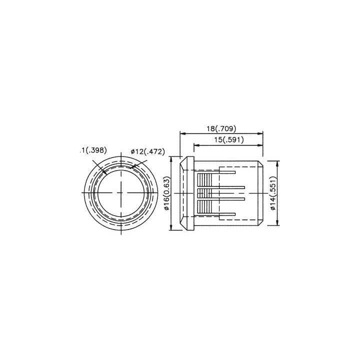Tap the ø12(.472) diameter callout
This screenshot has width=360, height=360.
coord(147,152)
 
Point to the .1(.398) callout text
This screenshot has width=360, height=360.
coord(93,150)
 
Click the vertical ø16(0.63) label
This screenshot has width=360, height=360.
coord(167,193)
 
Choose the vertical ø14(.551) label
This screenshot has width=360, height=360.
coord(272,193)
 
